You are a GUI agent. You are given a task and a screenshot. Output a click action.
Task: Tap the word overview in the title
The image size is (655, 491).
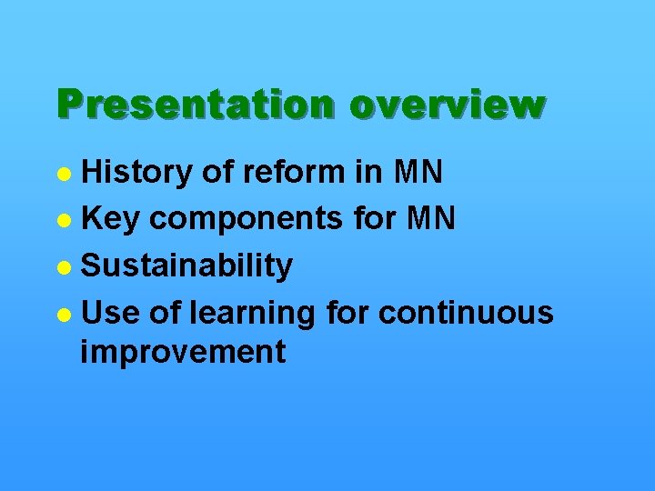tap(446, 105)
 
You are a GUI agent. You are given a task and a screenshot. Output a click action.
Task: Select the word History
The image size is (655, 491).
tap(137, 171)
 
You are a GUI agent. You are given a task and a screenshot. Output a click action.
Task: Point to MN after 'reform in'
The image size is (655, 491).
tap(418, 171)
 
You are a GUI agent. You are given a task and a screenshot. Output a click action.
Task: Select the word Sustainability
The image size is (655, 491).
tap(186, 266)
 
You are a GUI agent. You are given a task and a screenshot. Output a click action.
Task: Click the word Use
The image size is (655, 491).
tap(110, 313)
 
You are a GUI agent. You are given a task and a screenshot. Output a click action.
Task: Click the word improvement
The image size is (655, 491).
tap(183, 351)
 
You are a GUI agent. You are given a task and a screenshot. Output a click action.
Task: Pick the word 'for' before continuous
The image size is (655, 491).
tap(347, 313)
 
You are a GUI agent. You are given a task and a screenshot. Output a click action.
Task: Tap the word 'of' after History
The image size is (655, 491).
tap(215, 171)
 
